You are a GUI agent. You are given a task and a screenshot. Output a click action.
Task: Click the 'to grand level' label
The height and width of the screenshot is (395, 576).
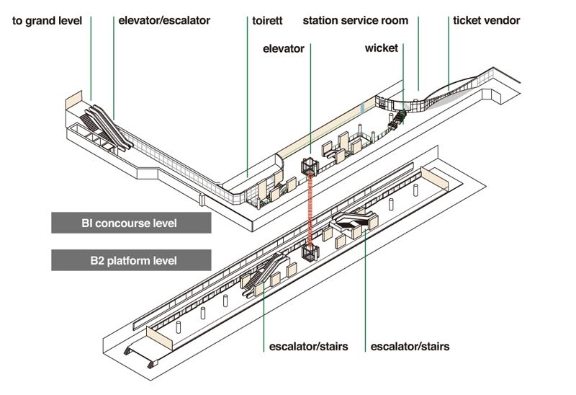coord(48,21)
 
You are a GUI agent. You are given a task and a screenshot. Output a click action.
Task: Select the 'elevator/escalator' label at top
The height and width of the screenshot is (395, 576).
coord(164,21)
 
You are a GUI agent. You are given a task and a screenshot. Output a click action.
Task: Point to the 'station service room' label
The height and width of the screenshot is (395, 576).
coord(355,21)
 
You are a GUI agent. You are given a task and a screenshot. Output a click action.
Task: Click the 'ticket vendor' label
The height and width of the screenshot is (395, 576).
coord(486,21)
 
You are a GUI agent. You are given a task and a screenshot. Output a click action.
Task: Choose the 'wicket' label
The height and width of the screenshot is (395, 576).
coord(381,49)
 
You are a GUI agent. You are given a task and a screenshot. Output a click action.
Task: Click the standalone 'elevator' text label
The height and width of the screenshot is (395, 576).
coord(284,49)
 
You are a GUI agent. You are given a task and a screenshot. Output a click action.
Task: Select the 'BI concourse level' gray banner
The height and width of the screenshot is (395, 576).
coord(131,223)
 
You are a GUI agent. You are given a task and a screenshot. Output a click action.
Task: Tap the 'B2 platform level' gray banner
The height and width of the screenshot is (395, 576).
coord(131,260)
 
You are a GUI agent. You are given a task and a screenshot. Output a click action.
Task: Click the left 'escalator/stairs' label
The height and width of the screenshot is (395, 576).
coord(308,347)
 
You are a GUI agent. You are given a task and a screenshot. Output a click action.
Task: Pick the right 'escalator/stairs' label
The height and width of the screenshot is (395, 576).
coord(410,347)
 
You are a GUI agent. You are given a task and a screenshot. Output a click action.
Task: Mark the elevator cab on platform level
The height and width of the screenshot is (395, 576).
coord(310,253)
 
